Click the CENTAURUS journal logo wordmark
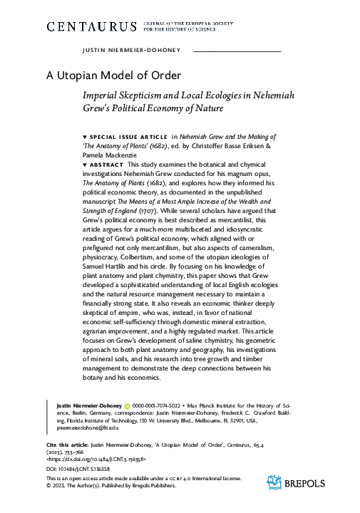tap(91, 26)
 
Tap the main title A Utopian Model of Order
tap(113, 74)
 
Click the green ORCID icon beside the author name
tap(125, 405)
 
